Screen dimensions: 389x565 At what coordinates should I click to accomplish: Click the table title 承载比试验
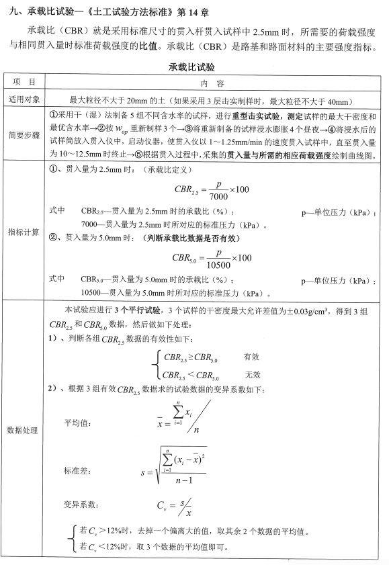194,69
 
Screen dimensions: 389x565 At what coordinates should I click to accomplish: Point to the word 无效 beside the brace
253,374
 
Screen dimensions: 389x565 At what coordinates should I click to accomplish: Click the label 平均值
76,423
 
